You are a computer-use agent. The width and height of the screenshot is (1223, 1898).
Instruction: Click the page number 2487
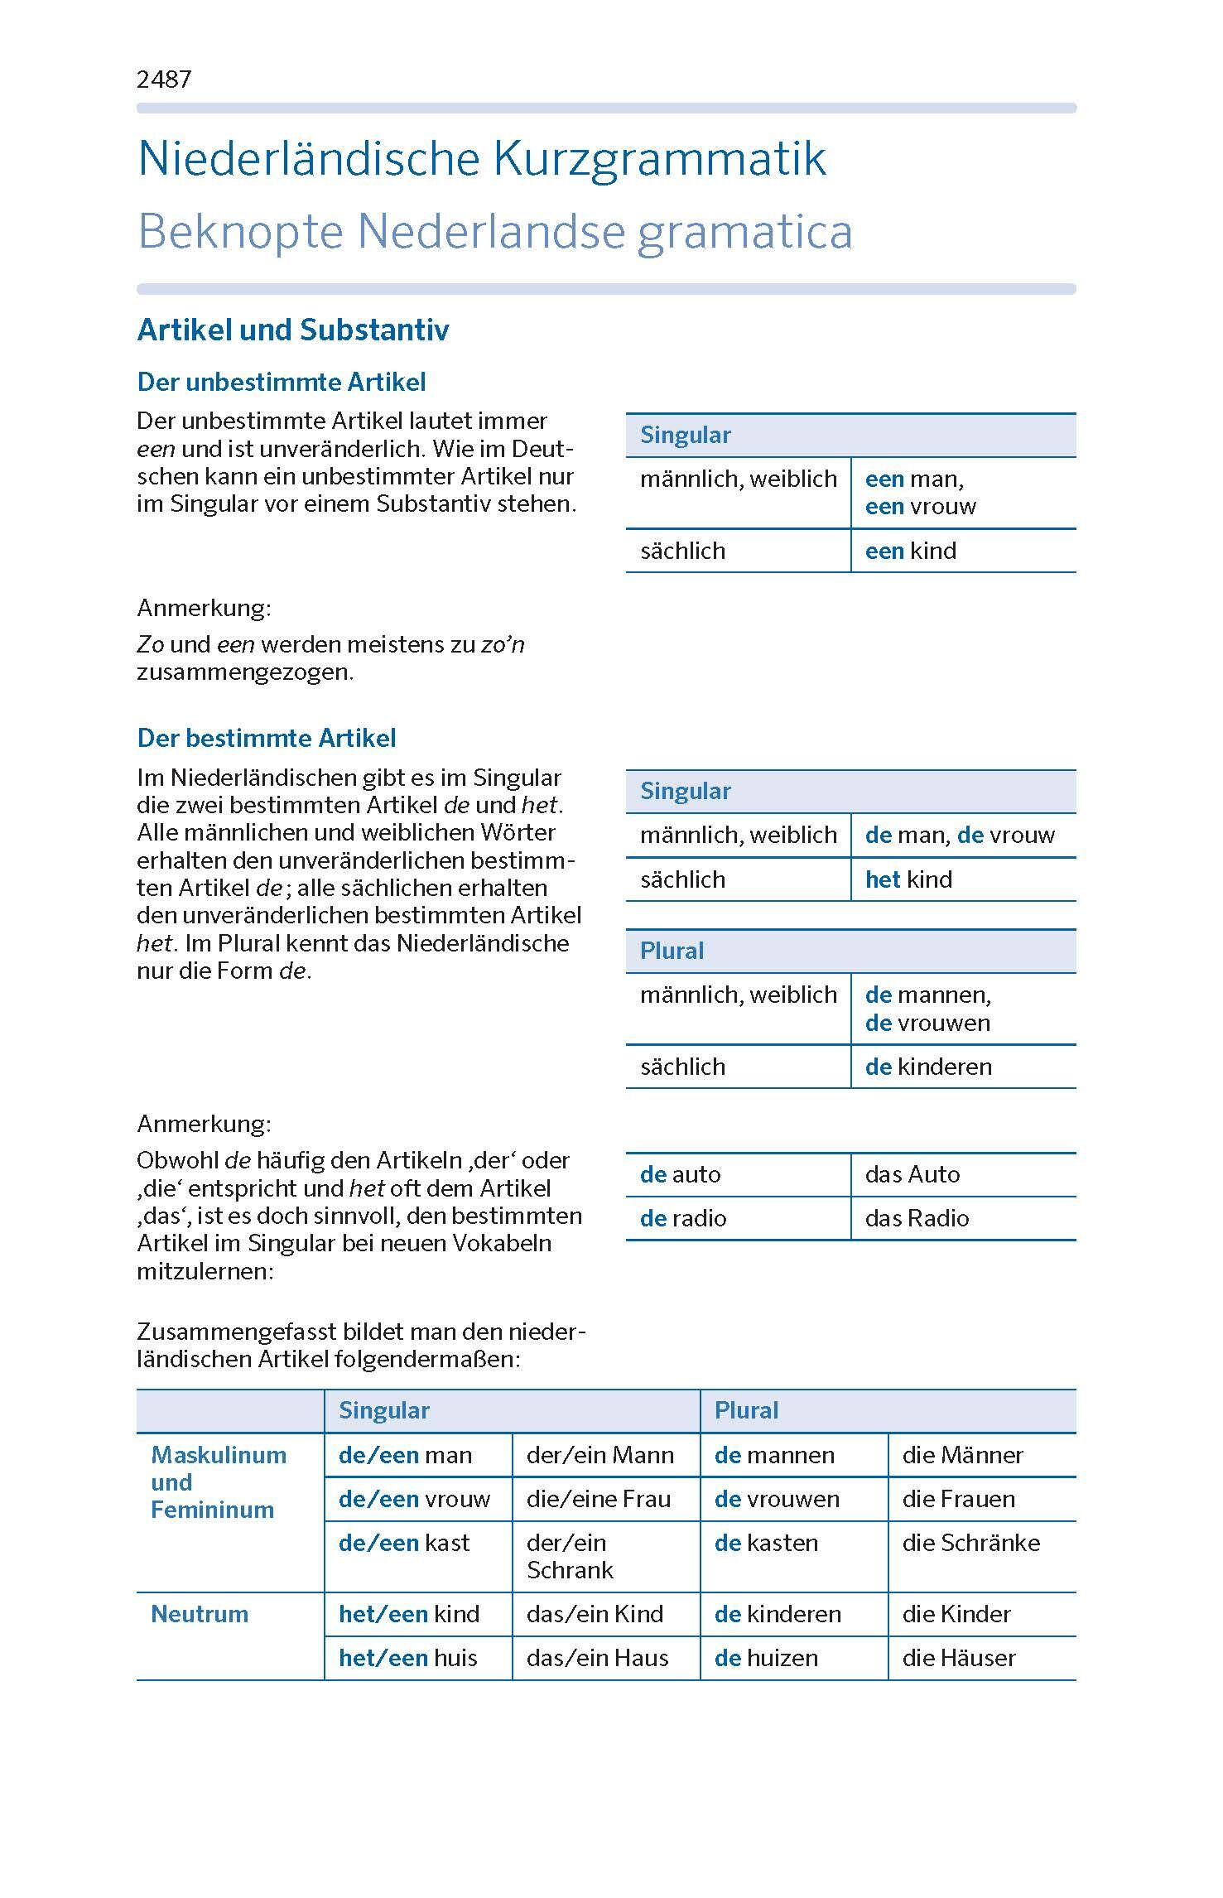click(x=164, y=79)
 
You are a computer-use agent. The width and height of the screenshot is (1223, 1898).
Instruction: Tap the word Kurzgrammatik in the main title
click(x=660, y=159)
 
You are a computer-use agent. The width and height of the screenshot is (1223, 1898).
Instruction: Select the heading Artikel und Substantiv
click(x=293, y=330)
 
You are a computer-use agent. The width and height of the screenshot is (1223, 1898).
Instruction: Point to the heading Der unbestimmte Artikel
click(x=282, y=382)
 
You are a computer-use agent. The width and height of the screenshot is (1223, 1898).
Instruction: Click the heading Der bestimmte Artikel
click(x=267, y=738)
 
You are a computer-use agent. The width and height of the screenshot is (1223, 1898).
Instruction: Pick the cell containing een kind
click(x=911, y=551)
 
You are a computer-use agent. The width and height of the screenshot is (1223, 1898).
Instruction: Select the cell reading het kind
click(x=908, y=879)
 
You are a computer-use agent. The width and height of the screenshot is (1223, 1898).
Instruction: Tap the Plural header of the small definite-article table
click(x=672, y=951)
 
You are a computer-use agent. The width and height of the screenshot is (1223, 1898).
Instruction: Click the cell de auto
click(x=680, y=1174)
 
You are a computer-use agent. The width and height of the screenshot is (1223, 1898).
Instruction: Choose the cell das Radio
click(x=917, y=1218)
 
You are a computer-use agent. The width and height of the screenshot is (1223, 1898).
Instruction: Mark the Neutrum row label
click(x=200, y=1614)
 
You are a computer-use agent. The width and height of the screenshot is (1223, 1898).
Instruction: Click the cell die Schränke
click(x=970, y=1543)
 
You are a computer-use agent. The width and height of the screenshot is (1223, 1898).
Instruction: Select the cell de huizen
click(x=766, y=1658)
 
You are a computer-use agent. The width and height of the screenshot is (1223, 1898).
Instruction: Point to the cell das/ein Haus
click(x=597, y=1658)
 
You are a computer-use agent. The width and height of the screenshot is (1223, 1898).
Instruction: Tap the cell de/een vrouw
click(x=414, y=1499)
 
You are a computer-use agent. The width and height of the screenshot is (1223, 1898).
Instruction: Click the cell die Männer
click(x=962, y=1455)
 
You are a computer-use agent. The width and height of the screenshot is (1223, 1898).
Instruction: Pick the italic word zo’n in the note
click(x=503, y=644)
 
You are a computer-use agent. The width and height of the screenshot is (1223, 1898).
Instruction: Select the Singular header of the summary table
click(x=384, y=1411)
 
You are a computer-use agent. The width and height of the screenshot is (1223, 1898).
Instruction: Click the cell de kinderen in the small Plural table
click(x=928, y=1067)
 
